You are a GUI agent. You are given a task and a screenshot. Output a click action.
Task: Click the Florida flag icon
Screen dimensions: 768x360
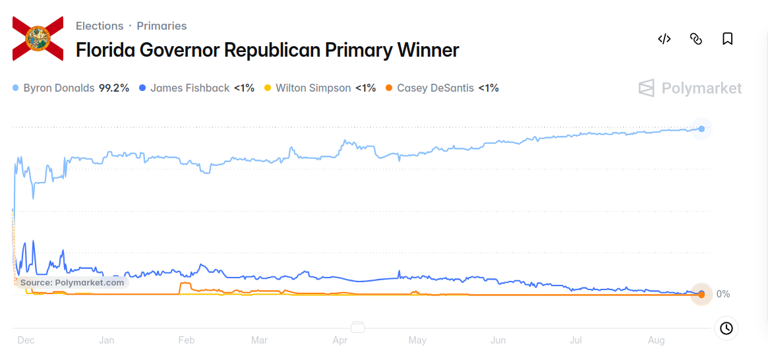coord(38,39)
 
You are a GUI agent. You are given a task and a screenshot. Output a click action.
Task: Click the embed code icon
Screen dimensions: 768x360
coord(664,39)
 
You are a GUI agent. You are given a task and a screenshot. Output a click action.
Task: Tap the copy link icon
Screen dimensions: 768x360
coord(696,39)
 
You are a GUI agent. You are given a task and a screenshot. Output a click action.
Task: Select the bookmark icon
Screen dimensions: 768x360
coord(728,39)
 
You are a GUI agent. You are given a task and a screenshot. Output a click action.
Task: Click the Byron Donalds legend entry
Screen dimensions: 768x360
coord(71,88)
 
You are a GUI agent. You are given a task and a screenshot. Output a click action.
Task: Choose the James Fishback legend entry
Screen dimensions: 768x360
coord(196,88)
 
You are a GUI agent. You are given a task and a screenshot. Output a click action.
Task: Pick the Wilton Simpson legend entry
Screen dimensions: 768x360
coord(320,88)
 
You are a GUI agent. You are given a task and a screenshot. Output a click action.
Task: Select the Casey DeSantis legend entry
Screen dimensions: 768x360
coord(442,88)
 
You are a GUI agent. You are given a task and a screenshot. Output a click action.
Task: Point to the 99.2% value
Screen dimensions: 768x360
coord(114,88)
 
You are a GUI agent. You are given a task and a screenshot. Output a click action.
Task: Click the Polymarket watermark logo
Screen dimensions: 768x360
coord(690,88)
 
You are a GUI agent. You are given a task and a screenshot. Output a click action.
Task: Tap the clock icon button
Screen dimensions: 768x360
coord(726,328)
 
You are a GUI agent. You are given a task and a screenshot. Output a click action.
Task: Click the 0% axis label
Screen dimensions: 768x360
coord(723,294)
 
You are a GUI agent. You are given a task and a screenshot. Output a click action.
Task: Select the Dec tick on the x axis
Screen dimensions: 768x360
coord(25,340)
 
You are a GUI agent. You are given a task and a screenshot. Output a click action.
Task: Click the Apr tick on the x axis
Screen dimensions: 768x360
coord(340,340)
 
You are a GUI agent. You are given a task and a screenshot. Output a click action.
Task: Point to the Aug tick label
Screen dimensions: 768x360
coord(657,340)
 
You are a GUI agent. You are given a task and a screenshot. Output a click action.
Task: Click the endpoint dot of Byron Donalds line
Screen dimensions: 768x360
coord(701,129)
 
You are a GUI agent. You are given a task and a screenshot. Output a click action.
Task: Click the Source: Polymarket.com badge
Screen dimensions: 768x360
coord(72,283)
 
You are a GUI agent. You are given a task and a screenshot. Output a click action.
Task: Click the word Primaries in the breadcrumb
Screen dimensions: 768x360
coord(162,26)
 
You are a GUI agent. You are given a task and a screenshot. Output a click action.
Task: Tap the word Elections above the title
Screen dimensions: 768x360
coord(100,26)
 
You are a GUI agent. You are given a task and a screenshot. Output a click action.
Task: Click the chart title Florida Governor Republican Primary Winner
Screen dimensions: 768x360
coord(268,50)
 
